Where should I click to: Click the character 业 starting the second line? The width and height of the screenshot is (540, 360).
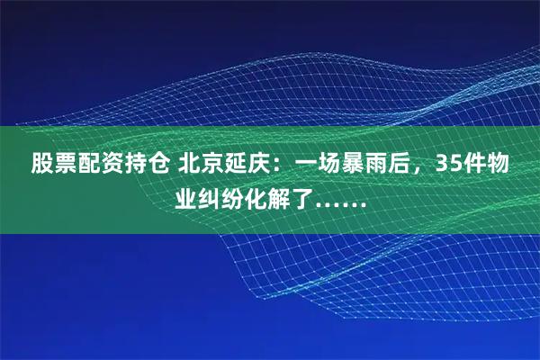point(186,196)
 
